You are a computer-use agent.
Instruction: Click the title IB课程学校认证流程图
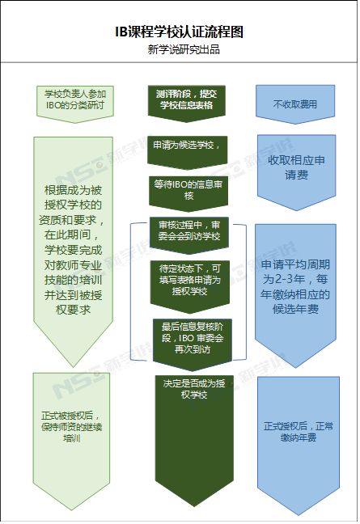pos(179,32)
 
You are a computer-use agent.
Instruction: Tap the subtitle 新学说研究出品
pos(184,50)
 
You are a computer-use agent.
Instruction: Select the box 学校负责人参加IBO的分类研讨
pos(75,104)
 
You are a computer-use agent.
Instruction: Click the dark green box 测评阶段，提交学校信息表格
pos(187,104)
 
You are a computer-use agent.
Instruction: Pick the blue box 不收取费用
pos(295,104)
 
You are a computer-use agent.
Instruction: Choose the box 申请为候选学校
pos(187,152)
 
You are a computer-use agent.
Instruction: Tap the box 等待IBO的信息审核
pos(188,194)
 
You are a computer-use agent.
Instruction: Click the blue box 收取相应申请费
pos(296,172)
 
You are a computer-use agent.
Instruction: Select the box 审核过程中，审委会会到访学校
pos(189,235)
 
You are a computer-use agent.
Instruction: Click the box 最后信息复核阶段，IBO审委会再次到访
pos(193,344)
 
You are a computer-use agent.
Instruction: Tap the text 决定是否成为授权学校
pos(194,389)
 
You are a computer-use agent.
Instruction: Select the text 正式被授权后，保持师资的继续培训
pos(71,427)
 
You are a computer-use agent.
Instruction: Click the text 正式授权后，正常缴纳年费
pos(299,432)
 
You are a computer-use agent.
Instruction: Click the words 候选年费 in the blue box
pos(295,309)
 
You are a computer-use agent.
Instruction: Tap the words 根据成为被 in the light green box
pos(73,191)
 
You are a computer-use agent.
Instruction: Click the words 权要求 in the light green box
pos(73,310)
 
